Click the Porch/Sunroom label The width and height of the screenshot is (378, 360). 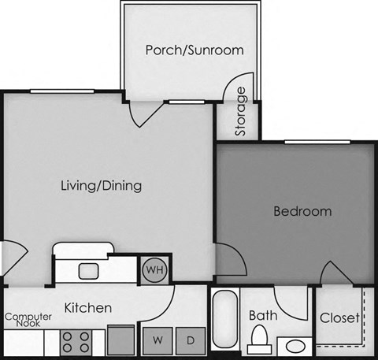click(x=195, y=50)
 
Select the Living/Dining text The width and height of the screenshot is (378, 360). click(x=101, y=187)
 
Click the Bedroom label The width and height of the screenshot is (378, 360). click(x=302, y=211)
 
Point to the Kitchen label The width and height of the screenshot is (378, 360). click(x=87, y=307)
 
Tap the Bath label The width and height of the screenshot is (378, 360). click(x=262, y=316)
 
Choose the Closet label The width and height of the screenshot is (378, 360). click(x=340, y=318)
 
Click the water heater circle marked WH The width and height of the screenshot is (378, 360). click(x=154, y=269)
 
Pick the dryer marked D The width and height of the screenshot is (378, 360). click(x=191, y=340)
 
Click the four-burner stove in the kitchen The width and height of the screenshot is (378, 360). click(x=76, y=342)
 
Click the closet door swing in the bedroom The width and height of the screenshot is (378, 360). click(x=335, y=273)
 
